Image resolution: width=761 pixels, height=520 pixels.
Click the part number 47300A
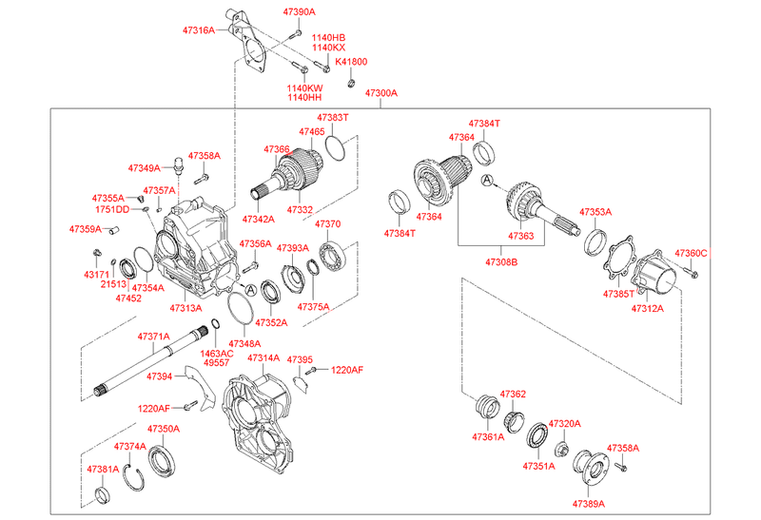pyautogui.click(x=379, y=93)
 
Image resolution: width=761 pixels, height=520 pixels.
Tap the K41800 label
pyautogui.click(x=350, y=62)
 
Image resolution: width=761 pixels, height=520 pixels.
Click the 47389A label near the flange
pyautogui.click(x=589, y=503)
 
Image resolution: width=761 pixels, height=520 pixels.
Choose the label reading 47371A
pyautogui.click(x=153, y=337)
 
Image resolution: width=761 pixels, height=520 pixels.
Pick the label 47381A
pyautogui.click(x=103, y=470)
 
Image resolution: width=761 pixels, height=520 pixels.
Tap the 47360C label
pyautogui.click(x=692, y=254)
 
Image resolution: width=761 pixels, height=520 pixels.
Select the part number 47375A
pyautogui.click(x=313, y=307)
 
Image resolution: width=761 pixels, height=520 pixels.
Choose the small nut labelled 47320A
pyautogui.click(x=561, y=448)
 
